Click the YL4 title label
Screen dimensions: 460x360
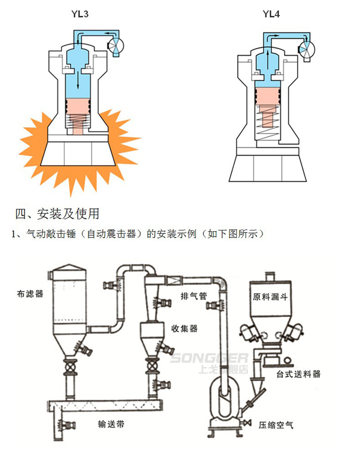(271, 14)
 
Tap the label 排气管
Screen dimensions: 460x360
(193, 296)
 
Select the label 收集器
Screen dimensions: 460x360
(184, 328)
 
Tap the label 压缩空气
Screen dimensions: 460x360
(276, 425)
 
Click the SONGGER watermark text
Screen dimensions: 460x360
(209, 358)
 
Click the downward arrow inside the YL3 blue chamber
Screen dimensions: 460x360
(78, 80)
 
